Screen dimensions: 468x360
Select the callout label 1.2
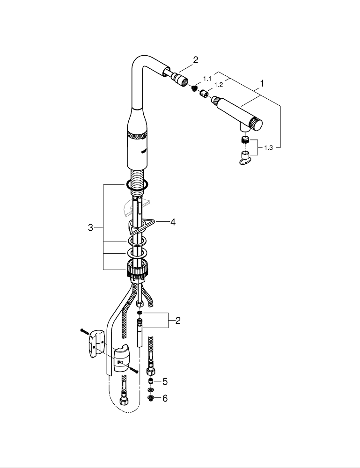[x=218, y=85]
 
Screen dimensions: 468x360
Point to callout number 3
[x=90, y=228]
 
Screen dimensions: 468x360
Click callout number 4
[x=173, y=222]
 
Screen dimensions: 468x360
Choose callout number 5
[x=165, y=381]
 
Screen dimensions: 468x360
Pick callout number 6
[x=165, y=399]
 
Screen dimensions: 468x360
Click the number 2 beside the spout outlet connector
[x=196, y=60]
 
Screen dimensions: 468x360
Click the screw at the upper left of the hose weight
[x=84, y=331]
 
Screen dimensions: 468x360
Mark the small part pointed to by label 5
[x=151, y=381]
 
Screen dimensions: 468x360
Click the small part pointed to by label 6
[x=151, y=398]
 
